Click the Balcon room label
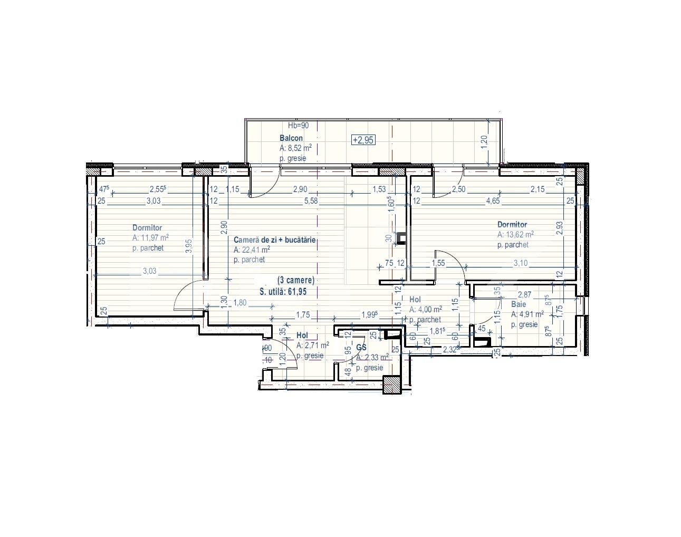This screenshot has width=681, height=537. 291,138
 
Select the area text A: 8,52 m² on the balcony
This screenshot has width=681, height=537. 295,148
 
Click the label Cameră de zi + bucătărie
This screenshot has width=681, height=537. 274,239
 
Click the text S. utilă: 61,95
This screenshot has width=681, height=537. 283,291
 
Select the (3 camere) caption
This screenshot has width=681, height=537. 296,280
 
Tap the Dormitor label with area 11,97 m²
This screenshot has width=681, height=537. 147,228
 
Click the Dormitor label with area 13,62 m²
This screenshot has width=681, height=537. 512,225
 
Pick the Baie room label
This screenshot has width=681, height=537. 519,304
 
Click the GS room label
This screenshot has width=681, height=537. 361,348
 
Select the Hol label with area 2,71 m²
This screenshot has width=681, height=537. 302,335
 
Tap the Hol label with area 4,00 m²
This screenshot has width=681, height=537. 415,300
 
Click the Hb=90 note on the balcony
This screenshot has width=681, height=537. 298,126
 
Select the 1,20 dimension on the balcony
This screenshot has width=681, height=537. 485,140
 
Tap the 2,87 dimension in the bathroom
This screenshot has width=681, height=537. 524,294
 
